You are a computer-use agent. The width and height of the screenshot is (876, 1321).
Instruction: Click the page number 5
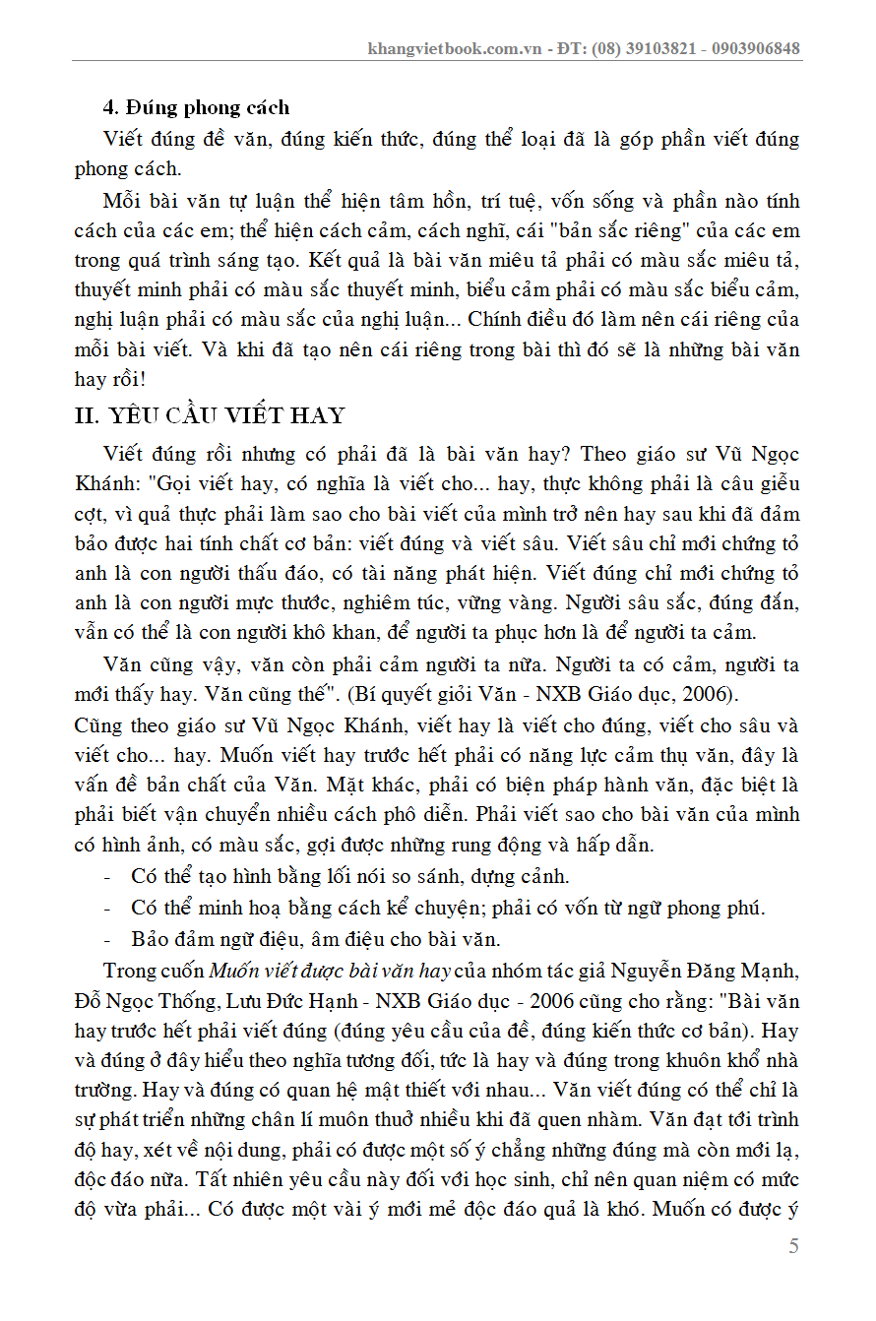pos(793,1246)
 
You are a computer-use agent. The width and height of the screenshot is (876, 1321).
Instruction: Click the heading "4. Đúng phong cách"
pos(196,107)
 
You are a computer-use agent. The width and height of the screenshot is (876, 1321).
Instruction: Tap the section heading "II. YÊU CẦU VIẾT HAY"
pos(210,415)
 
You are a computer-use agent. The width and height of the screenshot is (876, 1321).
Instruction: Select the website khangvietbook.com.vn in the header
pos(455,48)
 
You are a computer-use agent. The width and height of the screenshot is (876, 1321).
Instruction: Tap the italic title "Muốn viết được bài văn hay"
pos(330,971)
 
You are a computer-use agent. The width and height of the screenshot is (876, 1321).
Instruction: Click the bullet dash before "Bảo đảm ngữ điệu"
pos(106,939)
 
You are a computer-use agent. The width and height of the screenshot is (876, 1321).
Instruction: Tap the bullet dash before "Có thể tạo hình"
pos(106,876)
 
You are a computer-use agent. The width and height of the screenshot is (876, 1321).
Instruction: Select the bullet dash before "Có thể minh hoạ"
pos(106,908)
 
